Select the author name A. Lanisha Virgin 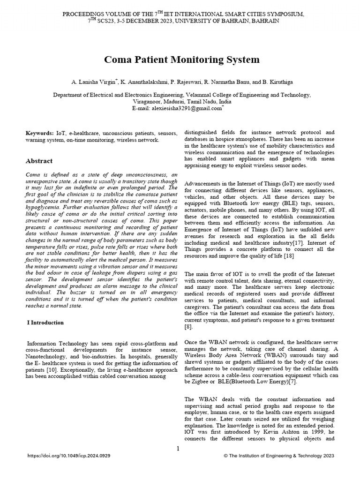[x=92, y=82]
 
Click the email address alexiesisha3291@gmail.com [x=185, y=108]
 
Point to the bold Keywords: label [x=39, y=134]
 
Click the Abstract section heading [x=39, y=161]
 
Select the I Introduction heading [x=45, y=322]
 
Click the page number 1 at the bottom [x=178, y=449]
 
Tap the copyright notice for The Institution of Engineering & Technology [x=279, y=455]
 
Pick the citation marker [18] [x=289, y=256]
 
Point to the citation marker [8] [x=188, y=327]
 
